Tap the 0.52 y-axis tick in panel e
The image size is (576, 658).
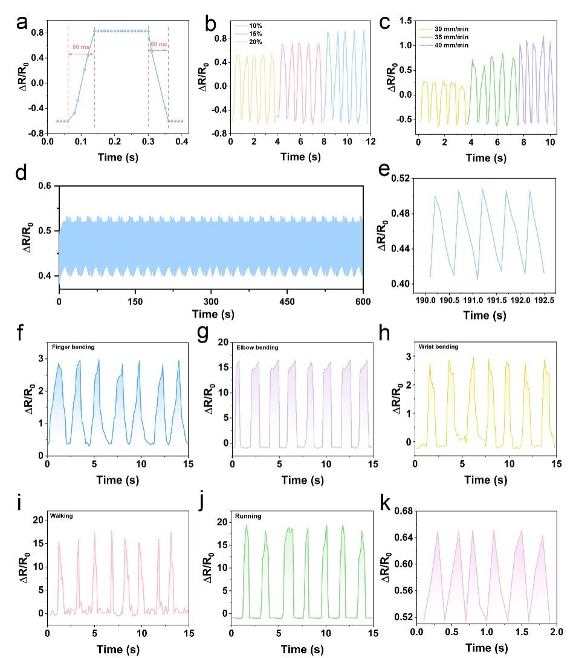(x=400, y=178)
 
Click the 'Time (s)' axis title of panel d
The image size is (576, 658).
(x=211, y=314)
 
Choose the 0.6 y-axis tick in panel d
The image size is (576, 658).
(x=44, y=186)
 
